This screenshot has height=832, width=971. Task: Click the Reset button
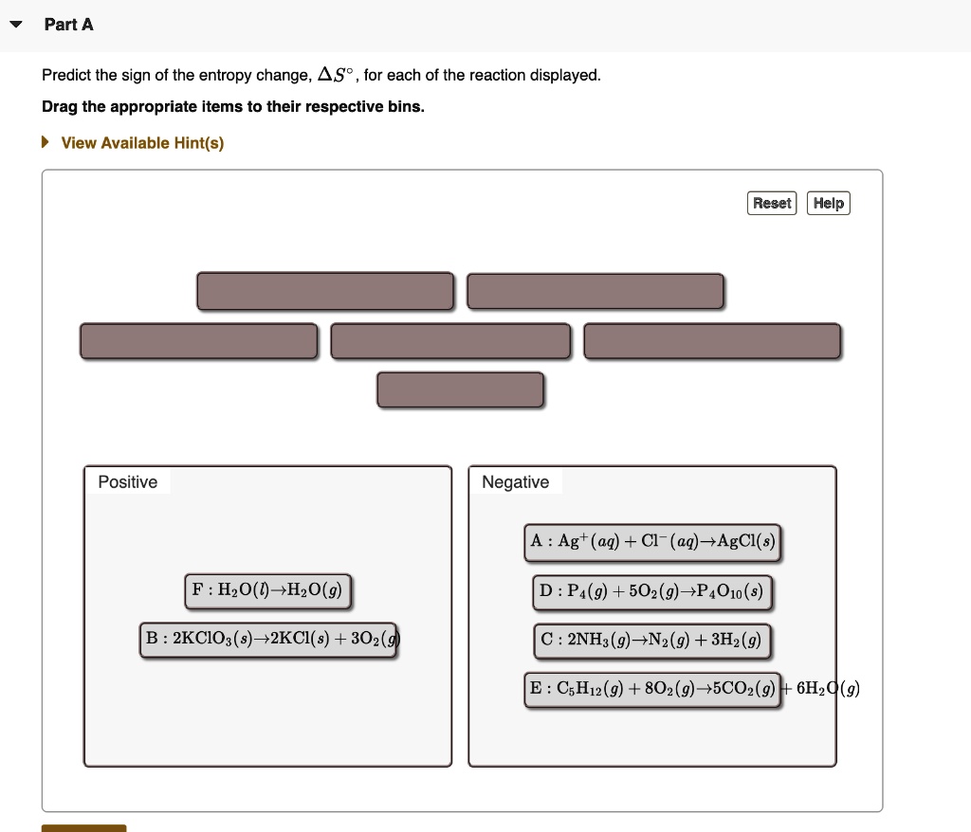click(x=772, y=203)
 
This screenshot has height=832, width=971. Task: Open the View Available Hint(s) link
click(x=142, y=143)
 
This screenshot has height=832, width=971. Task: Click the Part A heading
click(x=68, y=25)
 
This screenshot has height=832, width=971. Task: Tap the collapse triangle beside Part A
click(x=16, y=25)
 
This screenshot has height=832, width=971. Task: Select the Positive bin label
click(x=127, y=482)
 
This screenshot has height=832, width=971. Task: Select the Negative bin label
click(x=515, y=482)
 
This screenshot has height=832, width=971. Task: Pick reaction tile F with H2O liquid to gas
click(x=268, y=590)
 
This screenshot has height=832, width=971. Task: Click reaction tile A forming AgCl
click(x=652, y=542)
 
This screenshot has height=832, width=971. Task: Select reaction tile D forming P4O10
click(x=652, y=592)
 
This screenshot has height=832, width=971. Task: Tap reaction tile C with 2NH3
click(x=652, y=641)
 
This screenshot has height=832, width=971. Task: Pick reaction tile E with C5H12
click(x=652, y=689)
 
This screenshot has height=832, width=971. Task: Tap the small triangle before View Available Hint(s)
click(x=45, y=143)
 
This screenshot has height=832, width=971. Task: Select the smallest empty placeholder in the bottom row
click(x=461, y=389)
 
